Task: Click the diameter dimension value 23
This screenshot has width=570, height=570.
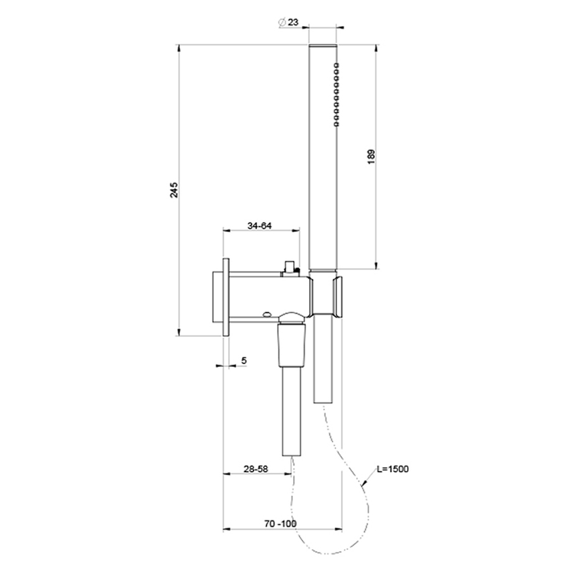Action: (x=293, y=21)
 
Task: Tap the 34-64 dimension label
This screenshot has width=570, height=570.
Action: (x=259, y=226)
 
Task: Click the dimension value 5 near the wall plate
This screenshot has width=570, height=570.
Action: (x=244, y=361)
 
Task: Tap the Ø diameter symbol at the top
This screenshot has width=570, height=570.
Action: (x=281, y=21)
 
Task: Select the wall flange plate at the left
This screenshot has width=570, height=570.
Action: (x=227, y=295)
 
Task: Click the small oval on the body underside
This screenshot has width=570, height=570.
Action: (x=268, y=313)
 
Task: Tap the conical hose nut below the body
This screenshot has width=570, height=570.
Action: (x=293, y=342)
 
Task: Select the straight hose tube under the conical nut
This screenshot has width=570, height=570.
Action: (x=293, y=409)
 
